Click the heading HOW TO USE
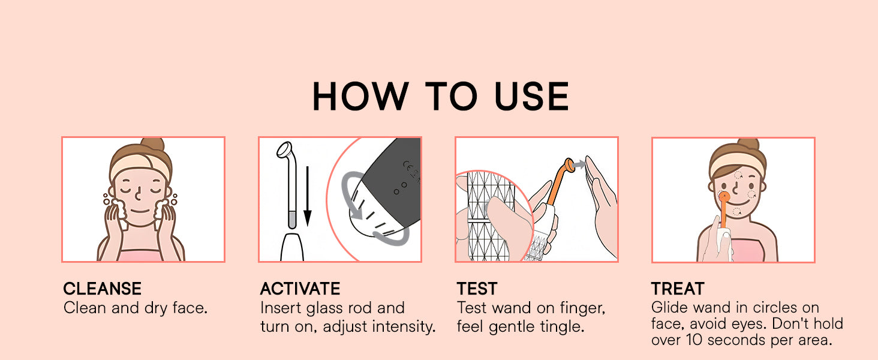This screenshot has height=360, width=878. click(x=440, y=96)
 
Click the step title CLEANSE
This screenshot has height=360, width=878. click(x=103, y=289)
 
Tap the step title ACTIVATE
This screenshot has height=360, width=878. click(x=300, y=289)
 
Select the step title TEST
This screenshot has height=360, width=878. click(x=477, y=289)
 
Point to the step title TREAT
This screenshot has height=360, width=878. click(x=678, y=289)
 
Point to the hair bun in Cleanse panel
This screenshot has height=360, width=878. click(x=152, y=147)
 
